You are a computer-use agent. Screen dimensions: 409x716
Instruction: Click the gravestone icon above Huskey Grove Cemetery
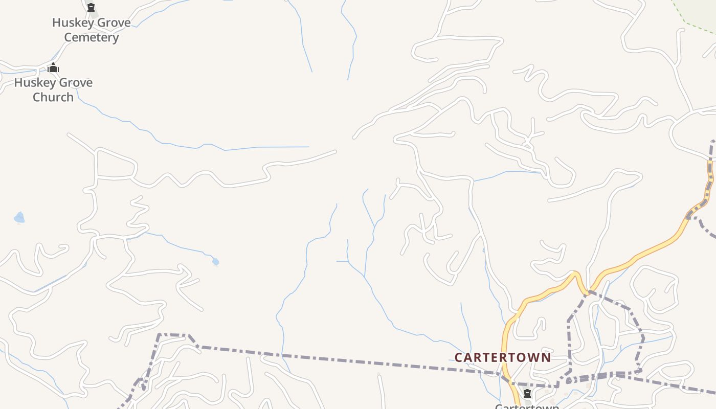(91, 8)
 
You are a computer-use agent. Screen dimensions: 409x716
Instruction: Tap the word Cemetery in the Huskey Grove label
(92, 37)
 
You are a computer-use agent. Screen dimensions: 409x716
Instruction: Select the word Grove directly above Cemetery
(111, 23)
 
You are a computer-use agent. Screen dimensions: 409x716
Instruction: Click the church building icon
(53, 68)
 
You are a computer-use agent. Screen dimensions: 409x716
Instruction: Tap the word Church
(53, 97)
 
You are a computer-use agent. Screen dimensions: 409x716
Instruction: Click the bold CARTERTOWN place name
(503, 357)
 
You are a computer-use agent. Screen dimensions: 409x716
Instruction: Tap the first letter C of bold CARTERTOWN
(458, 357)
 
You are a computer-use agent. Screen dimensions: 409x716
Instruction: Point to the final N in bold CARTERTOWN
(547, 357)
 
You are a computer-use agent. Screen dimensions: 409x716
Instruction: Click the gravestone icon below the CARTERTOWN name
(527, 394)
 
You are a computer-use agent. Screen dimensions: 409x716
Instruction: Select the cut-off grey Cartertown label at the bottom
(527, 406)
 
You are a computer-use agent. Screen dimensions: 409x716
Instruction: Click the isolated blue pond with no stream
(19, 218)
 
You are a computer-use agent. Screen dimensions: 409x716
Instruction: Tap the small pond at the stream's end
(215, 262)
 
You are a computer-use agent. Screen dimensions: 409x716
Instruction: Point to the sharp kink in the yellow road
(576, 275)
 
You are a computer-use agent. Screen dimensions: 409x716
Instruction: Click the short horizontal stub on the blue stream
(342, 261)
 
